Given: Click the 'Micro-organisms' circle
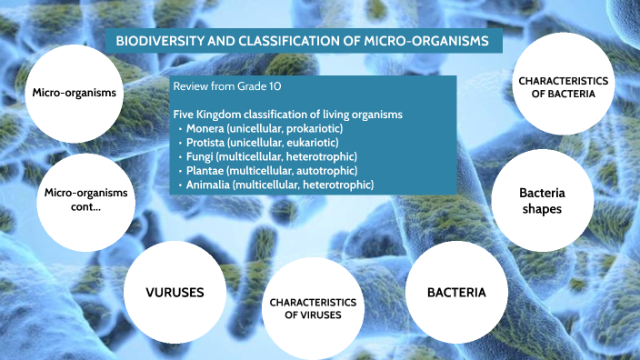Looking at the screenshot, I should (74, 93).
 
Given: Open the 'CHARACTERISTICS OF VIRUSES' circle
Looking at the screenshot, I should (312, 307).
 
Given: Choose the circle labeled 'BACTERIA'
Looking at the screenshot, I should (456, 292).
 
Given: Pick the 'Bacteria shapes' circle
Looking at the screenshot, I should (540, 200).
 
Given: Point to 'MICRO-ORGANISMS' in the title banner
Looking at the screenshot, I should (428, 42).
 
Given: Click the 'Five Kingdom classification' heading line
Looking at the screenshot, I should (288, 115).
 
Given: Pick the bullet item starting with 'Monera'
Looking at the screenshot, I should (263, 129).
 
